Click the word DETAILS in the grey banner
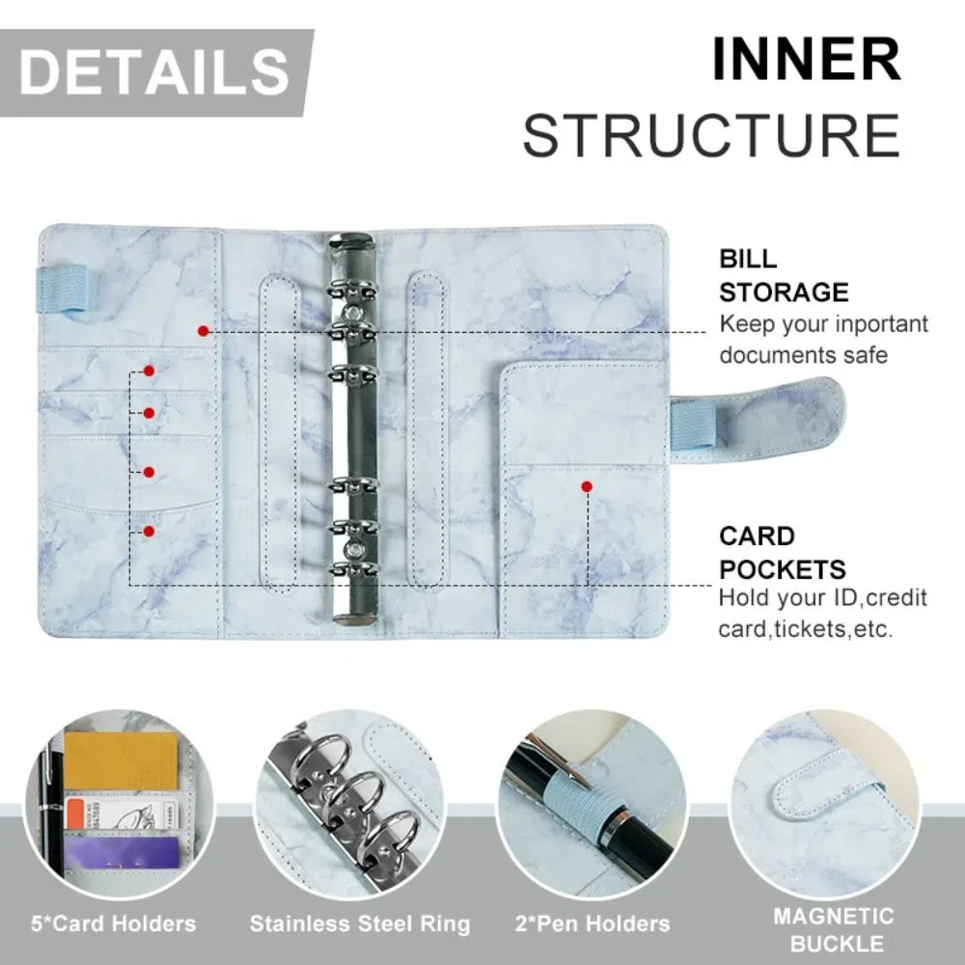click(154, 72)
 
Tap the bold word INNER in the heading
click(806, 60)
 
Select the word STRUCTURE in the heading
click(711, 135)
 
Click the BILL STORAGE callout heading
click(783, 276)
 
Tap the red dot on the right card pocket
click(586, 487)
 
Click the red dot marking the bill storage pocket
click(203, 331)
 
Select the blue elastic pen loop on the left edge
click(62, 290)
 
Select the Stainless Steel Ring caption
click(360, 924)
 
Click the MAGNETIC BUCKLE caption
click(833, 928)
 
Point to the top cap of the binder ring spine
click(351, 244)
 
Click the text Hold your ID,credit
click(822, 598)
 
